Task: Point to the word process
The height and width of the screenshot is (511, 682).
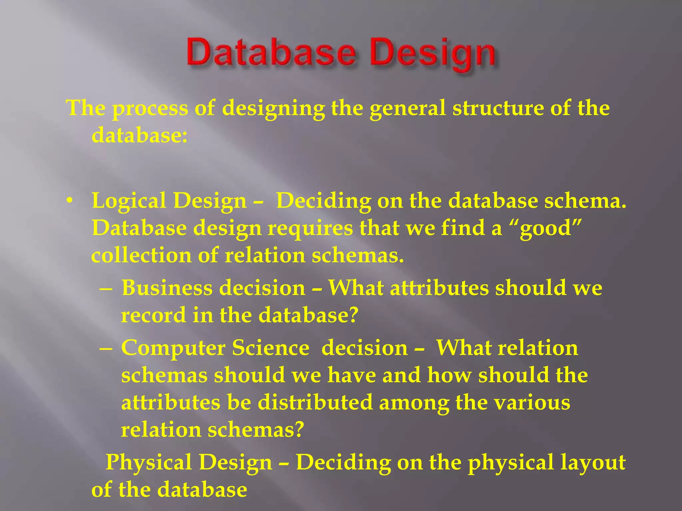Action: tap(150, 108)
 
